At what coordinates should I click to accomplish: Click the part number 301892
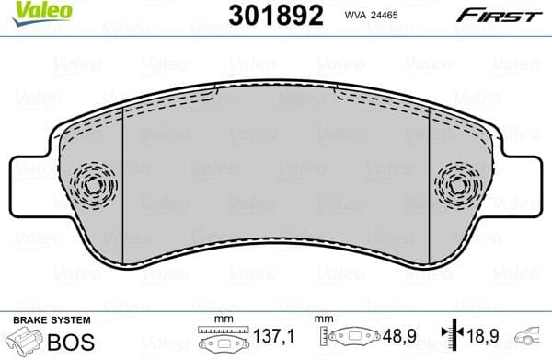[x=268, y=16]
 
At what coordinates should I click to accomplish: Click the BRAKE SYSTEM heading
[x=51, y=319]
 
